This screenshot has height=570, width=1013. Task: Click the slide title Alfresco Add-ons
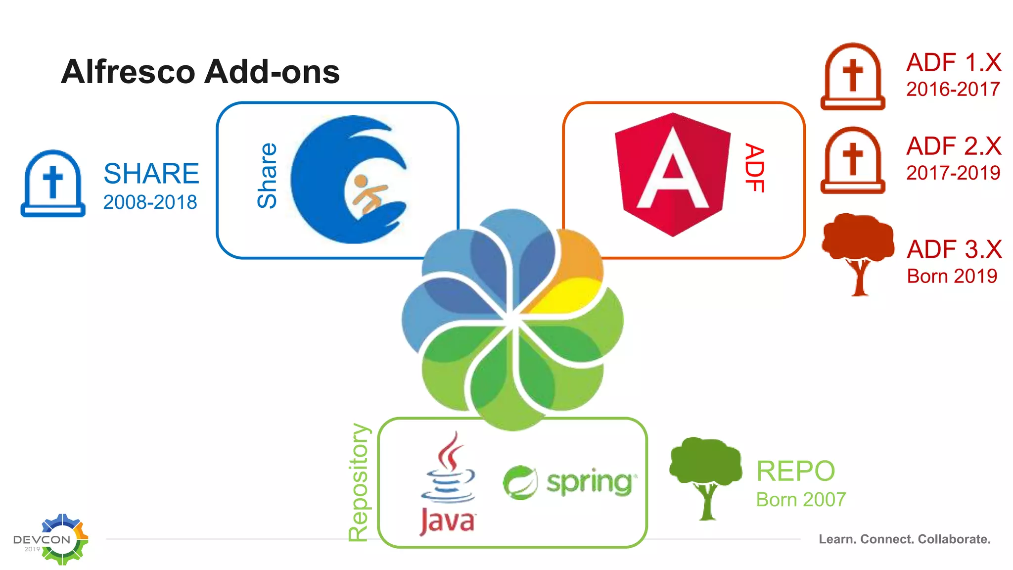200,72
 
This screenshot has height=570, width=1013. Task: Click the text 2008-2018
150,202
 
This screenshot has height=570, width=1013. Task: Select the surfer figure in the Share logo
368,193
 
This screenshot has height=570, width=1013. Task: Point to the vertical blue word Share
268,176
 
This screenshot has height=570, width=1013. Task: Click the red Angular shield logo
672,174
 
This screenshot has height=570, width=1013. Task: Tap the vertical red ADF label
755,168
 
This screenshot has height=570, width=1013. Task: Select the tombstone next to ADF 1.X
853,76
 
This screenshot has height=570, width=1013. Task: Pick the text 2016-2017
953,89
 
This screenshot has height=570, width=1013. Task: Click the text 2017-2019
953,173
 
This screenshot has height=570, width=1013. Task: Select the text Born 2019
952,276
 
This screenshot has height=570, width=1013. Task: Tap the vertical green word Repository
359,482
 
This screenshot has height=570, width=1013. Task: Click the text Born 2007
801,500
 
